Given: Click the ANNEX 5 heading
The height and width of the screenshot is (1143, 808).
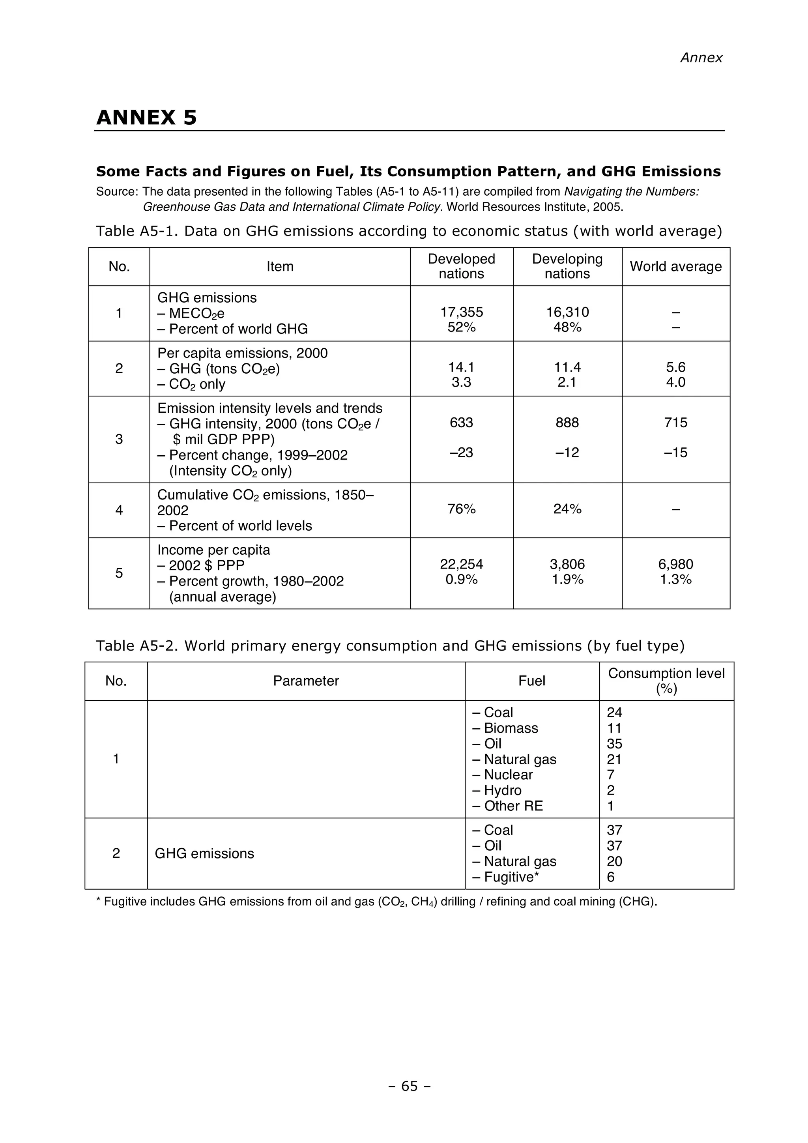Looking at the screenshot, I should click(146, 118).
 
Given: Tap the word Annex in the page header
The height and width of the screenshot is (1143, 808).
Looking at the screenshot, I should click(701, 58).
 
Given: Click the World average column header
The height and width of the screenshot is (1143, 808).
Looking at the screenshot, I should click(675, 266).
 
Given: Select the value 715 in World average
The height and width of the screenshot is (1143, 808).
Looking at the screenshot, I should click(675, 423).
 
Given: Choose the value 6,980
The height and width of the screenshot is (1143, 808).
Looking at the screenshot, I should click(675, 564).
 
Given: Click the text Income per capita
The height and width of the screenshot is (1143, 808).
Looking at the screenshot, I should click(213, 550).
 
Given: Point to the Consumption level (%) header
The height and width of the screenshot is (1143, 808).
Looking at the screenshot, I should click(666, 681).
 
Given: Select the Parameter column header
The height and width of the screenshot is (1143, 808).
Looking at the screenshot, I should click(306, 681).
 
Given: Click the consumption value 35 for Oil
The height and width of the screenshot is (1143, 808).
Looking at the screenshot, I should click(614, 744).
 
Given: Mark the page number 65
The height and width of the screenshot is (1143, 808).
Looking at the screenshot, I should click(409, 1086).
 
